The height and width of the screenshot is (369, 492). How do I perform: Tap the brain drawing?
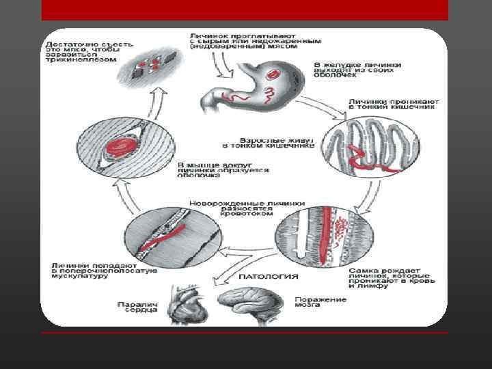[249, 304]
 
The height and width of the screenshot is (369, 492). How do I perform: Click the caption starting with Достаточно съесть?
[82, 50]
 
